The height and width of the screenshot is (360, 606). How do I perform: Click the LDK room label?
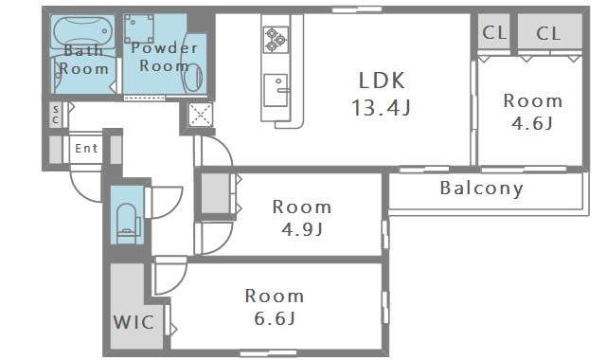382,81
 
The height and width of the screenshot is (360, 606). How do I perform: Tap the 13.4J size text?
381,107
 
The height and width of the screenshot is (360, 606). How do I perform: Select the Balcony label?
482,189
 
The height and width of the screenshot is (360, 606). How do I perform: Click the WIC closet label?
134,322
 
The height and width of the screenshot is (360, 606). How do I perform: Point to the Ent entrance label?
86,148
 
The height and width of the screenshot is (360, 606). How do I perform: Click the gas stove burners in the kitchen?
276,40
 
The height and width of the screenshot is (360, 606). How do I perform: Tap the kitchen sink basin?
276,90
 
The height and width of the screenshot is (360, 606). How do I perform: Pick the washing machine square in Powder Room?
139,28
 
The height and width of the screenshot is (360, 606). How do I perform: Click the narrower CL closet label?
494,32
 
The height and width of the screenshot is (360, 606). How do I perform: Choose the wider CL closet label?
548,34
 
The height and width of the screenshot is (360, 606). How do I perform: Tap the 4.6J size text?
532,124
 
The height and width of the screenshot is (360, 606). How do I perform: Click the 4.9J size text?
302,229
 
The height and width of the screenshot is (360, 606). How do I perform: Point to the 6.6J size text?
275,318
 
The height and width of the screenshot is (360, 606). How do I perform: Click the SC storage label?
56,115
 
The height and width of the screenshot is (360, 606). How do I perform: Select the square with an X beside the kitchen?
201,115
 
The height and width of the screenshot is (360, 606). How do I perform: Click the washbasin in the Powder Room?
194,77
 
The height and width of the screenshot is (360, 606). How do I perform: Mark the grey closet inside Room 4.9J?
216,193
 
